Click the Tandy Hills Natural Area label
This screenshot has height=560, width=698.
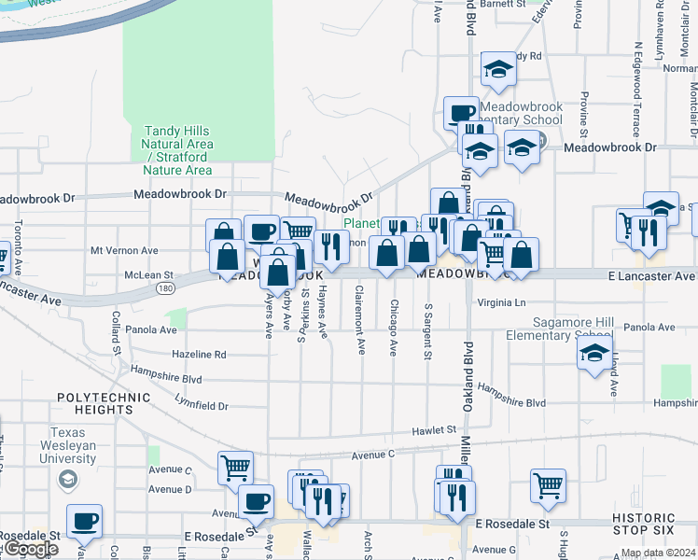click(x=177, y=150)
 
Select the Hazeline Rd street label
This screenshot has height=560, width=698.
click(x=199, y=355)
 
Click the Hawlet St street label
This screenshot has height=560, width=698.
click(x=437, y=431)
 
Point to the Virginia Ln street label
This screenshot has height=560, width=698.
click(x=502, y=303)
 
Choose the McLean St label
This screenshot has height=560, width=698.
click(x=149, y=275)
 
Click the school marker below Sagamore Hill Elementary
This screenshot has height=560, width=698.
click(x=594, y=356)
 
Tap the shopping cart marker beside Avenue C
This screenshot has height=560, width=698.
click(x=235, y=468)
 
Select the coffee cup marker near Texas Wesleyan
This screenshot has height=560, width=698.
click(x=84, y=521)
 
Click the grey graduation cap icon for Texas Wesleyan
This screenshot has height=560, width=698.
click(x=66, y=480)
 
